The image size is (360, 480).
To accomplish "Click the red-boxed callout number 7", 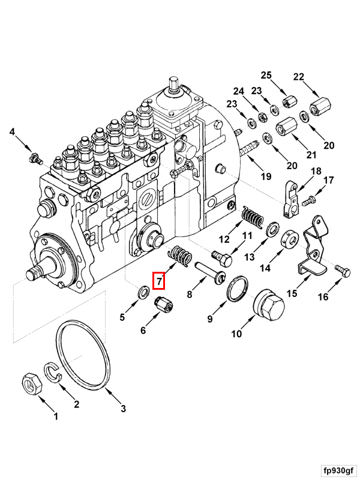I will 159,280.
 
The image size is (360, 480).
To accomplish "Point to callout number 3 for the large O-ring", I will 124,409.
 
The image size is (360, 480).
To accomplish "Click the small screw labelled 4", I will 34,158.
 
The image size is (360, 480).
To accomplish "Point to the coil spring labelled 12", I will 252,217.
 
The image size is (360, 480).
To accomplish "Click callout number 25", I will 266,76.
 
